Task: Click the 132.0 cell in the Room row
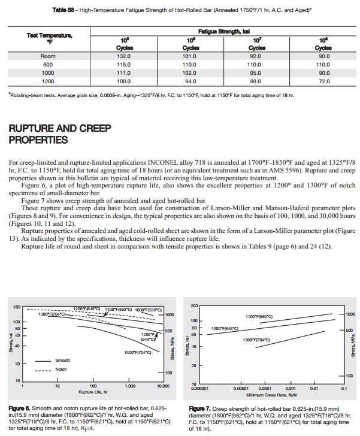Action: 123,56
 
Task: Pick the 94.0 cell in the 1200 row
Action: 190,81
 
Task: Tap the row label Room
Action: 48,56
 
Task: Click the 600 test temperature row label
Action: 48,65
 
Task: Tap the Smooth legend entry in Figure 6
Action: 63,361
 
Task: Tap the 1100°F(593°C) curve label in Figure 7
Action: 259,316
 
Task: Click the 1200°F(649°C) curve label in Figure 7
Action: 225,329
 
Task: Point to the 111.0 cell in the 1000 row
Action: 123,72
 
